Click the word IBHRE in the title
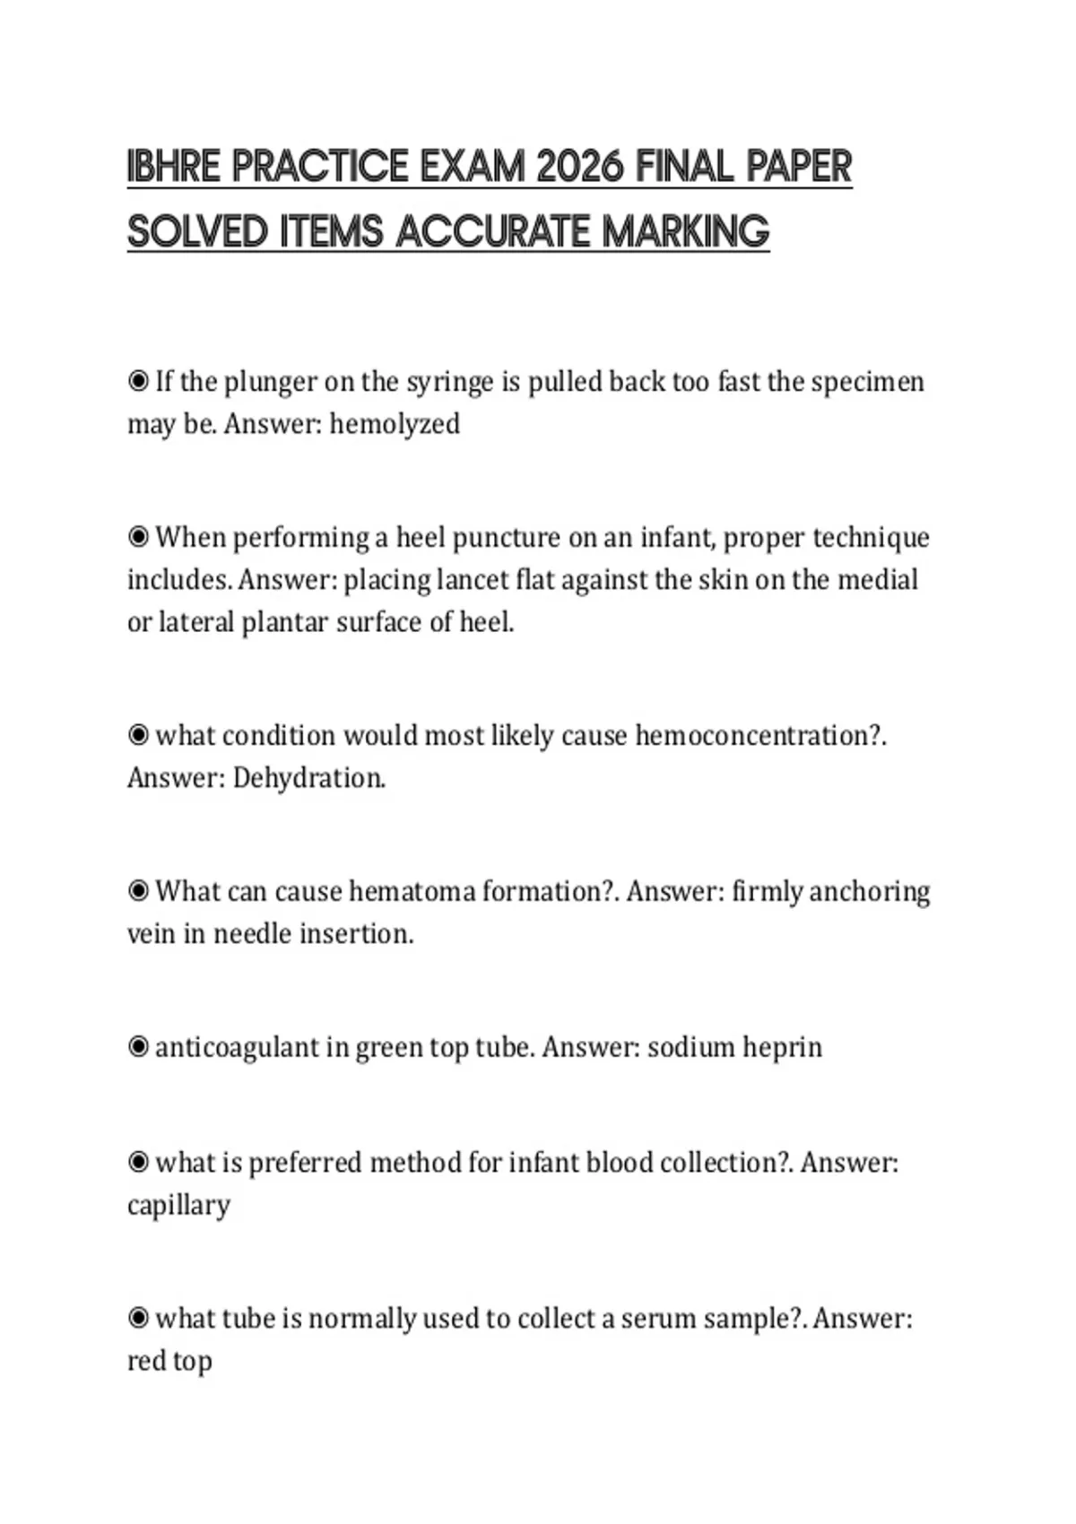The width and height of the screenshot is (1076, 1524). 174,167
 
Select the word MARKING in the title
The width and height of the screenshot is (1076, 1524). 686,231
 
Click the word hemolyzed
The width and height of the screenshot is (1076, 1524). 395,424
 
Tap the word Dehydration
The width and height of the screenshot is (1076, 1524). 309,778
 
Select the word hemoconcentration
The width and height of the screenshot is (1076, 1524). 760,736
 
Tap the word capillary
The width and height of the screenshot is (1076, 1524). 178,1205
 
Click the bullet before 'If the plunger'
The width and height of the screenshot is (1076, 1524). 138,382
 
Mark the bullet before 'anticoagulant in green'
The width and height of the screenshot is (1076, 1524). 138,1047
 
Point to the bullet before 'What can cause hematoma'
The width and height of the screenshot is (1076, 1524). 138,891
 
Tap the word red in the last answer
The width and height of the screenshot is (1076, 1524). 145,1361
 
